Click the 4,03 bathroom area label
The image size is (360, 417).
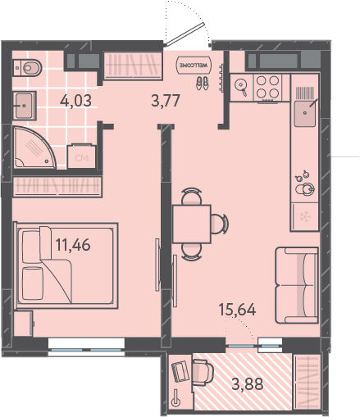[75, 101]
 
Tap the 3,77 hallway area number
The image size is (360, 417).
[166, 100]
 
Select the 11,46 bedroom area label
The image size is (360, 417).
[73, 245]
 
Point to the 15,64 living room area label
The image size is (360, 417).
[237, 310]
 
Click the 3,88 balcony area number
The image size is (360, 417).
[248, 383]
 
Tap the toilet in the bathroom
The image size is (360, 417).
[27, 67]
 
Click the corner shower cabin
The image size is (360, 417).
[34, 147]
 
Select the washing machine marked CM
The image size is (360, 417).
[81, 156]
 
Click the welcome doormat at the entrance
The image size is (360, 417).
[194, 65]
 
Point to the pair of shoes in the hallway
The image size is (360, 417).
[203, 83]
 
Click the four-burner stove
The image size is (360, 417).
[267, 88]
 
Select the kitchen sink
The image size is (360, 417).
[305, 113]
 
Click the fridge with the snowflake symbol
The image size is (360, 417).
[304, 217]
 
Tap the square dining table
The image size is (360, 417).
[192, 224]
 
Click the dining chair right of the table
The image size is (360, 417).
[220, 224]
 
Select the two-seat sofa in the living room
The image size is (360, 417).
[297, 285]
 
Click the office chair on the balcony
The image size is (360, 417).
[203, 373]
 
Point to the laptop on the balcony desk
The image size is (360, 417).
[180, 371]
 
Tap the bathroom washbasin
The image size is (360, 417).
[25, 106]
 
